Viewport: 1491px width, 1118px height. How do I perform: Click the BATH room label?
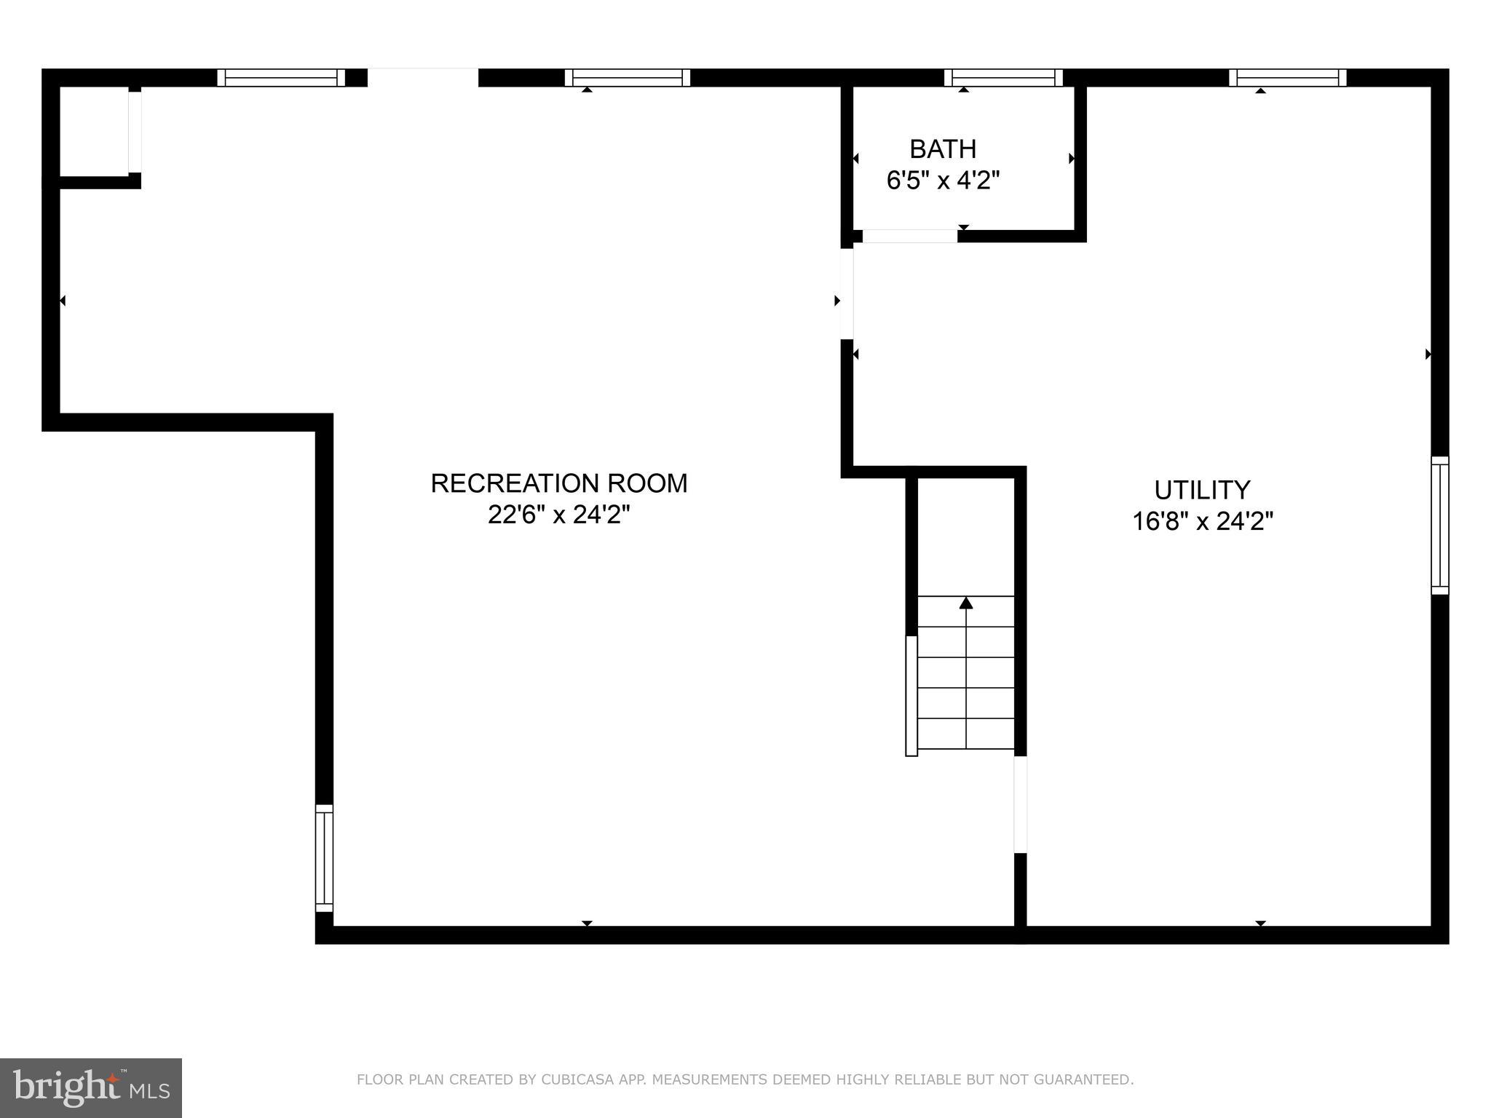tap(943, 149)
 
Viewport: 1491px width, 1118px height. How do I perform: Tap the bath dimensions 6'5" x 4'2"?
tap(943, 180)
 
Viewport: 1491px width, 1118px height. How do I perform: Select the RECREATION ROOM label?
tap(558, 483)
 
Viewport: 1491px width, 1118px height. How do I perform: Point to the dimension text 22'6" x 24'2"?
tap(558, 515)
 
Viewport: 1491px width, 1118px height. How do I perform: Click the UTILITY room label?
tap(1202, 490)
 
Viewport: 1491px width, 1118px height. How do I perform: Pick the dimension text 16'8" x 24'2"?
tap(1202, 521)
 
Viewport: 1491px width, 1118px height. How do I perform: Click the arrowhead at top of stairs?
tap(966, 603)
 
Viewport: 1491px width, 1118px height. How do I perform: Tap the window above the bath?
tap(1003, 78)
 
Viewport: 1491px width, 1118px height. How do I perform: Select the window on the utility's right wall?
tap(1439, 525)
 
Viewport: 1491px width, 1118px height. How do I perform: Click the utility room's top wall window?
tap(1287, 78)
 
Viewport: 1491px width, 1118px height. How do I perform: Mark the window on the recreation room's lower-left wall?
tap(324, 857)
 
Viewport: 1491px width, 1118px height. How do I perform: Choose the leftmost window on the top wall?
tap(281, 78)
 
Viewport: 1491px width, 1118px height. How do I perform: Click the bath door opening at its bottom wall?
tap(909, 236)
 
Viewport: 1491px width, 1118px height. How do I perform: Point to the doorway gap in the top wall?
tap(423, 77)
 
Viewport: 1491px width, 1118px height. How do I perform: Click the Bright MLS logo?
tap(90, 1087)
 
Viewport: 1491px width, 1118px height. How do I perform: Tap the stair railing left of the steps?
tap(911, 696)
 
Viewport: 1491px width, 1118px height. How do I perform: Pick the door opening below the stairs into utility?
tap(1020, 804)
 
